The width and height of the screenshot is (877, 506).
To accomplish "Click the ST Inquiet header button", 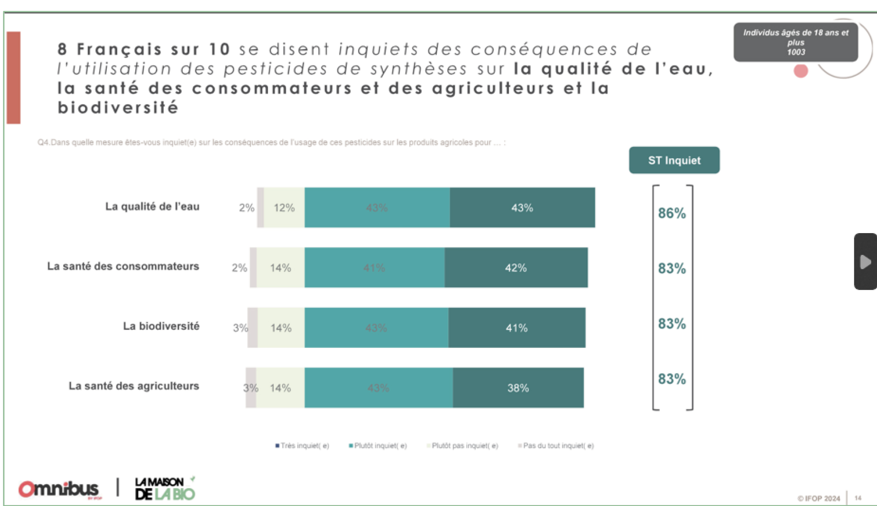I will click(x=674, y=160).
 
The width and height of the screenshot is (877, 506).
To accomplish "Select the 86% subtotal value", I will click(x=672, y=213).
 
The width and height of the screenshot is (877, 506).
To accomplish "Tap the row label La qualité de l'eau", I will click(x=152, y=207).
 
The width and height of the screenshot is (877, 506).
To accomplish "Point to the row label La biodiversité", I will click(x=161, y=326).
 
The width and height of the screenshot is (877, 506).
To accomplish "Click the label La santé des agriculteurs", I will click(x=134, y=386).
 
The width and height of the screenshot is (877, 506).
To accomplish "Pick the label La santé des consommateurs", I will click(x=123, y=267).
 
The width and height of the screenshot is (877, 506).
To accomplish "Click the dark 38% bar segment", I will click(x=518, y=388).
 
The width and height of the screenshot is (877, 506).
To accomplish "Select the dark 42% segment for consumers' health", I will click(x=516, y=268).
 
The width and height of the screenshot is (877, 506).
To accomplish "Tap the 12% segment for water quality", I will click(x=284, y=208).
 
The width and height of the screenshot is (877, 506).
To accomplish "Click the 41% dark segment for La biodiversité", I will click(x=516, y=328).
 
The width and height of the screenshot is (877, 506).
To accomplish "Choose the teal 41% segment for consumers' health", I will click(x=374, y=268).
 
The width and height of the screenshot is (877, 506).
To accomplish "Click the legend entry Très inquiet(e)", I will click(x=302, y=446).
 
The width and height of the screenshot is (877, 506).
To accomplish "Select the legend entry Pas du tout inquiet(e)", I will click(x=556, y=446).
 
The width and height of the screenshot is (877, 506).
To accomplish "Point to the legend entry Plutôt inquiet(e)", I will click(x=378, y=446).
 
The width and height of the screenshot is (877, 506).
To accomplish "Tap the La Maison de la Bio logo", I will click(x=165, y=489).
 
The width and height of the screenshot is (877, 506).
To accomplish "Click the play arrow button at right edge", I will click(x=865, y=262).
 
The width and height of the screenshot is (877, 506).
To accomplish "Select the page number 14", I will click(x=858, y=498).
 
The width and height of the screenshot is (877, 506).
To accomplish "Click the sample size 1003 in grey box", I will click(x=795, y=52).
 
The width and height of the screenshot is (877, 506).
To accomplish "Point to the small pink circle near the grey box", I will click(x=800, y=71).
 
